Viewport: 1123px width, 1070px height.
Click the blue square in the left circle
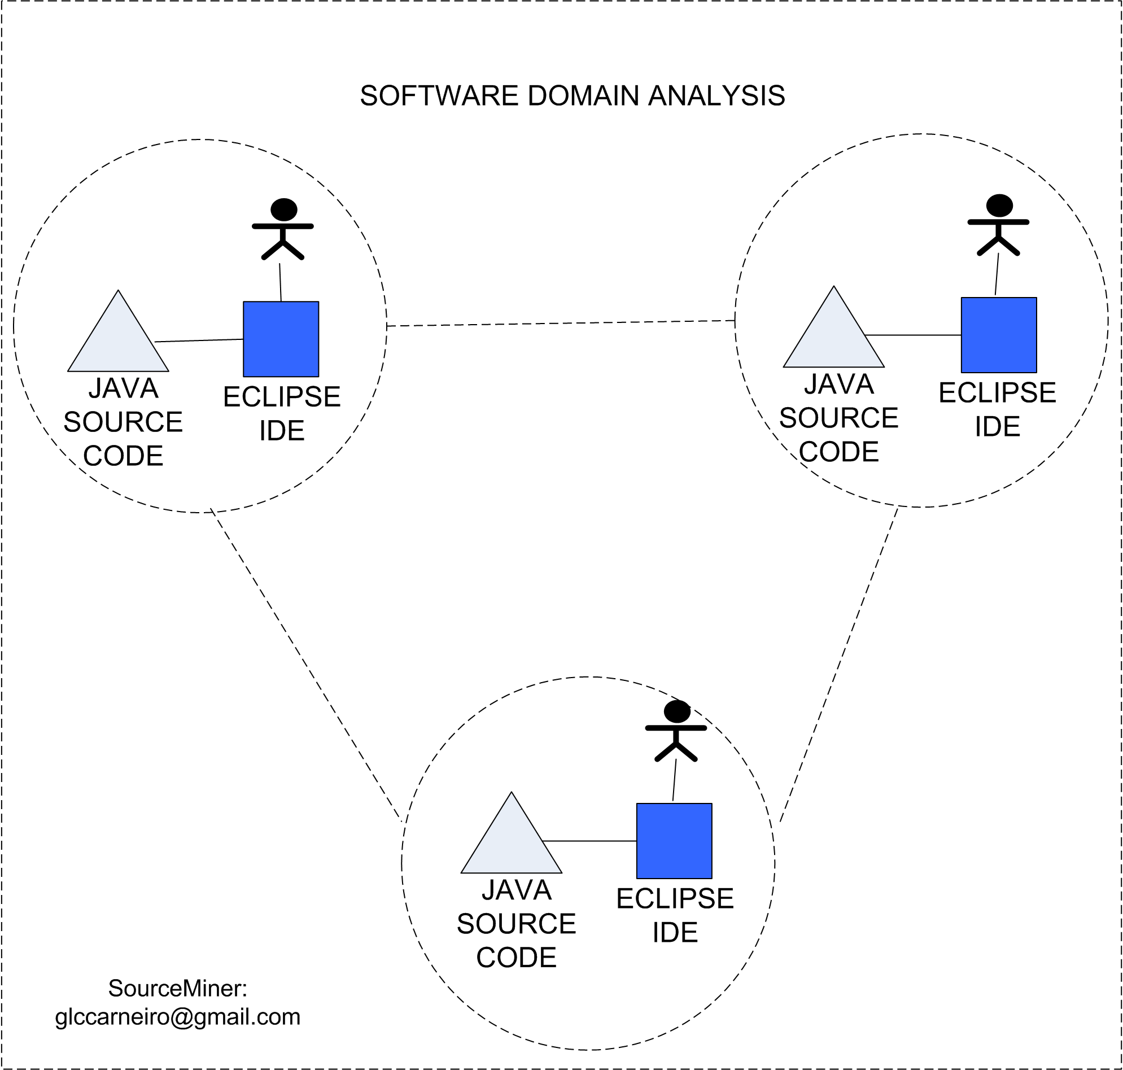[281, 339]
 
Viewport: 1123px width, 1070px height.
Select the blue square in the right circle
[999, 335]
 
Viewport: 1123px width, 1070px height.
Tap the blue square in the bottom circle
[674, 841]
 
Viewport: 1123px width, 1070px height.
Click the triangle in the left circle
[118, 339]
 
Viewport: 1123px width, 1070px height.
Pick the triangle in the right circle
[833, 335]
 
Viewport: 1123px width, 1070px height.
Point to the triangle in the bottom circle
[511, 841]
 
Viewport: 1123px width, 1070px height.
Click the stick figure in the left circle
[283, 229]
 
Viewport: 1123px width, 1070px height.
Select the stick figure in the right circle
[999, 225]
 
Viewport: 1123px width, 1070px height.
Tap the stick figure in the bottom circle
[676, 731]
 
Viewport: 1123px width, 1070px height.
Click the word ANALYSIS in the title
[716, 96]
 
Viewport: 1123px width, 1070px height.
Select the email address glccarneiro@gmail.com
[177, 1017]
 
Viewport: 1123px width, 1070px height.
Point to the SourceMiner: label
[177, 989]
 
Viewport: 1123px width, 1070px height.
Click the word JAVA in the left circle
[123, 388]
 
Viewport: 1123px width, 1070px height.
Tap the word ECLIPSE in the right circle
[997, 392]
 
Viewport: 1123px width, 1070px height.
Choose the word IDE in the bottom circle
[675, 933]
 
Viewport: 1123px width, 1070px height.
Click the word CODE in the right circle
[838, 452]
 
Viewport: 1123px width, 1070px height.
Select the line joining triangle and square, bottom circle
[590, 841]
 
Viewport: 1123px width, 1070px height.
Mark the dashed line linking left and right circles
[561, 324]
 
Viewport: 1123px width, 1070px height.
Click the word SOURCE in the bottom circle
[516, 924]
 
